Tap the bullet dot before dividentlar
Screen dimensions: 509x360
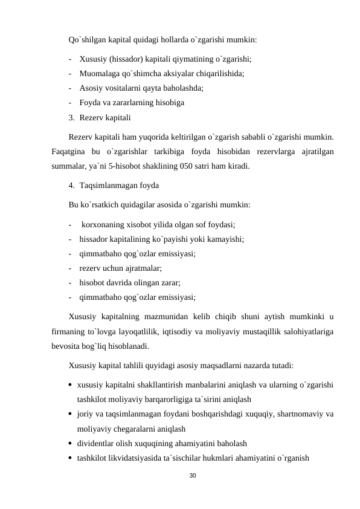(71, 443)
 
